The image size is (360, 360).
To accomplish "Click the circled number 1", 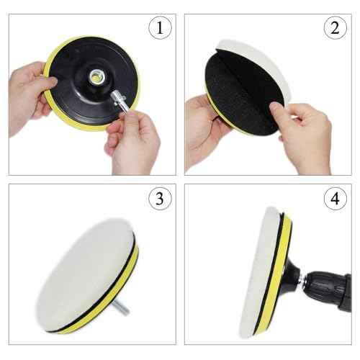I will (x=159, y=28).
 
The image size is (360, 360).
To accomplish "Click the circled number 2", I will (x=334, y=28).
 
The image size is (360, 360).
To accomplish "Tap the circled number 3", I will (x=159, y=198).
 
